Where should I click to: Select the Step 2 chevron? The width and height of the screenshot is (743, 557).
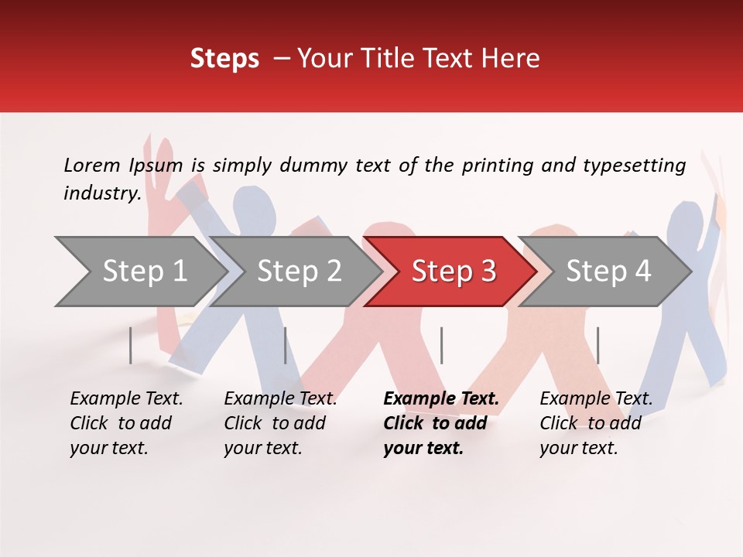click(x=298, y=272)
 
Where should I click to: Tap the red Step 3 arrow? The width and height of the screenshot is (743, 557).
click(x=453, y=272)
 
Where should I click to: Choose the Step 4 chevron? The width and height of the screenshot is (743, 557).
click(x=608, y=272)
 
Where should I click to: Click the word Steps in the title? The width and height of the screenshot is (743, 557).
click(x=224, y=59)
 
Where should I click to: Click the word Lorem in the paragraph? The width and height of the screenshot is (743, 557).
click(x=91, y=165)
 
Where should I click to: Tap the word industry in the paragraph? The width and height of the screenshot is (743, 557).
click(x=101, y=193)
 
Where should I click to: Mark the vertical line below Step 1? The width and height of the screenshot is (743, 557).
click(x=130, y=345)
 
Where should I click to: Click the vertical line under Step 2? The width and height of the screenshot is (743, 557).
click(x=286, y=345)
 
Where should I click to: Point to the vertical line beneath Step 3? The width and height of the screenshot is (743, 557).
click(x=441, y=345)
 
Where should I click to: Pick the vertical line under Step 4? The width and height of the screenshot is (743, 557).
click(x=597, y=345)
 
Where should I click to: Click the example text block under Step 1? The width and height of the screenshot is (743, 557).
click(x=126, y=423)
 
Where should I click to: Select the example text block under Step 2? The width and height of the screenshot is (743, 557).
click(x=280, y=423)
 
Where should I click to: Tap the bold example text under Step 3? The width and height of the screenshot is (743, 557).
click(x=441, y=423)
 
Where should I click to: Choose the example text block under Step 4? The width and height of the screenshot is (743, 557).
click(x=596, y=423)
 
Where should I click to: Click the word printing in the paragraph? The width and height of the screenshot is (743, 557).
click(x=498, y=165)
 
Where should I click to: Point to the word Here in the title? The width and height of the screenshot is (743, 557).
click(x=514, y=59)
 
